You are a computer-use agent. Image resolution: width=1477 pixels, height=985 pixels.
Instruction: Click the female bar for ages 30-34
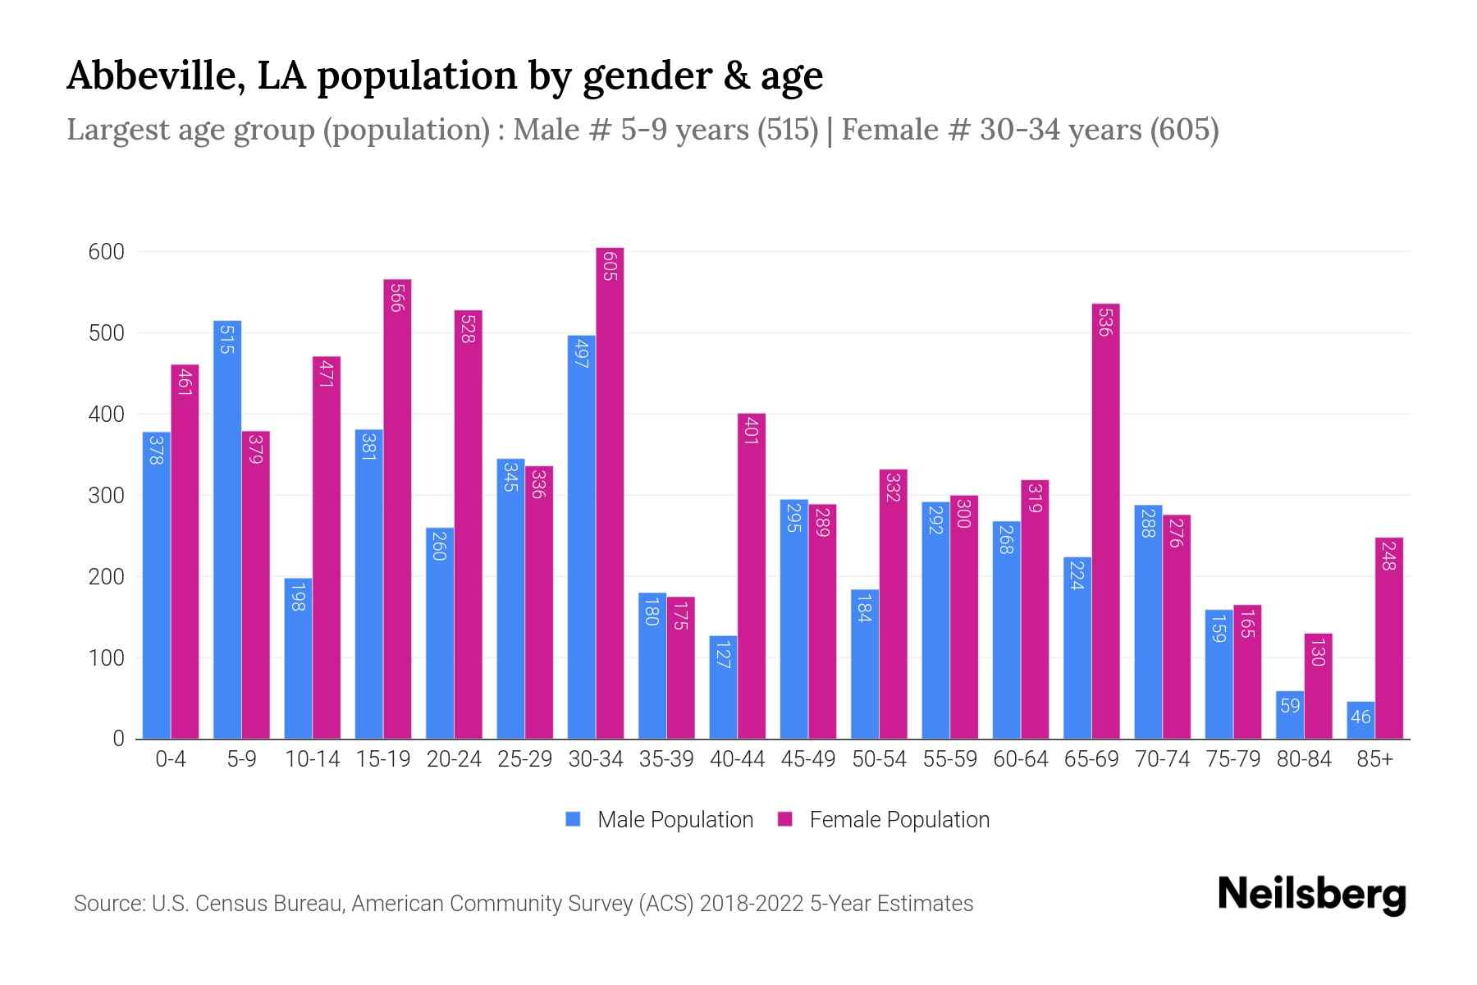(x=610, y=492)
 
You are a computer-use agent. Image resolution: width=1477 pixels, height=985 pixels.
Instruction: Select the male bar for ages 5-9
(x=227, y=529)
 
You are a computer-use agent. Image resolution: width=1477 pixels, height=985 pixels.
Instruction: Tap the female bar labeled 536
(x=1105, y=521)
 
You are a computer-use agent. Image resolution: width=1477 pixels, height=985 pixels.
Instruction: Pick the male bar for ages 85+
(x=1360, y=720)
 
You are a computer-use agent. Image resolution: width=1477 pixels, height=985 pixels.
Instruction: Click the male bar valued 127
(x=723, y=687)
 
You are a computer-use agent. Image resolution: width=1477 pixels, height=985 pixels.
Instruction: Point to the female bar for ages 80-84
(x=1318, y=685)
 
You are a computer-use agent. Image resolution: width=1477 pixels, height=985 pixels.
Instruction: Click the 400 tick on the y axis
(x=106, y=415)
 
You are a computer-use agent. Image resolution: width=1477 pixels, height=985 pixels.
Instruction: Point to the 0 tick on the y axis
(x=118, y=739)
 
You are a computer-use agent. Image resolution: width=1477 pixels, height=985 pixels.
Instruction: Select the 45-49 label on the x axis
(x=807, y=759)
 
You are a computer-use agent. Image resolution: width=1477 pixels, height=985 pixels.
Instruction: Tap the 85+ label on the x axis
(x=1374, y=759)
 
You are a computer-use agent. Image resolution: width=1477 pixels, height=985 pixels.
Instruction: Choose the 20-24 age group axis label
(x=454, y=759)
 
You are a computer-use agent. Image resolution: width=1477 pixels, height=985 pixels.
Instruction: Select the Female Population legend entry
(x=884, y=819)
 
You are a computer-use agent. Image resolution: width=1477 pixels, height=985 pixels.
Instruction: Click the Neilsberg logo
(x=1311, y=895)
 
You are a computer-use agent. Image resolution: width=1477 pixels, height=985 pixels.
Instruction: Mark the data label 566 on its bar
(x=396, y=298)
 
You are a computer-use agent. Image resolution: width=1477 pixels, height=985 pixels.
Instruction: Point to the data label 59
(x=1290, y=705)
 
